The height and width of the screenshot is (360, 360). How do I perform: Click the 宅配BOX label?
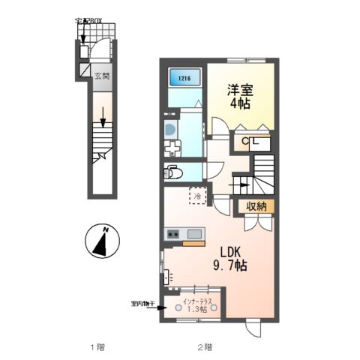click(91, 20)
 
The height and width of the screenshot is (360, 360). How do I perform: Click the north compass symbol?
click(102, 241)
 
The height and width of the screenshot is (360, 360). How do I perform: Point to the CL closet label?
click(248, 142)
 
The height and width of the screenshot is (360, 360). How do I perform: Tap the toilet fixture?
click(173, 171)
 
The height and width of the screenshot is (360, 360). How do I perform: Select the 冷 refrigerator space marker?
click(198, 196)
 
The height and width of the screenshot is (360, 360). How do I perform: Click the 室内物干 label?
click(141, 304)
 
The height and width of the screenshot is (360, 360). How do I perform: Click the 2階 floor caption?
click(205, 347)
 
